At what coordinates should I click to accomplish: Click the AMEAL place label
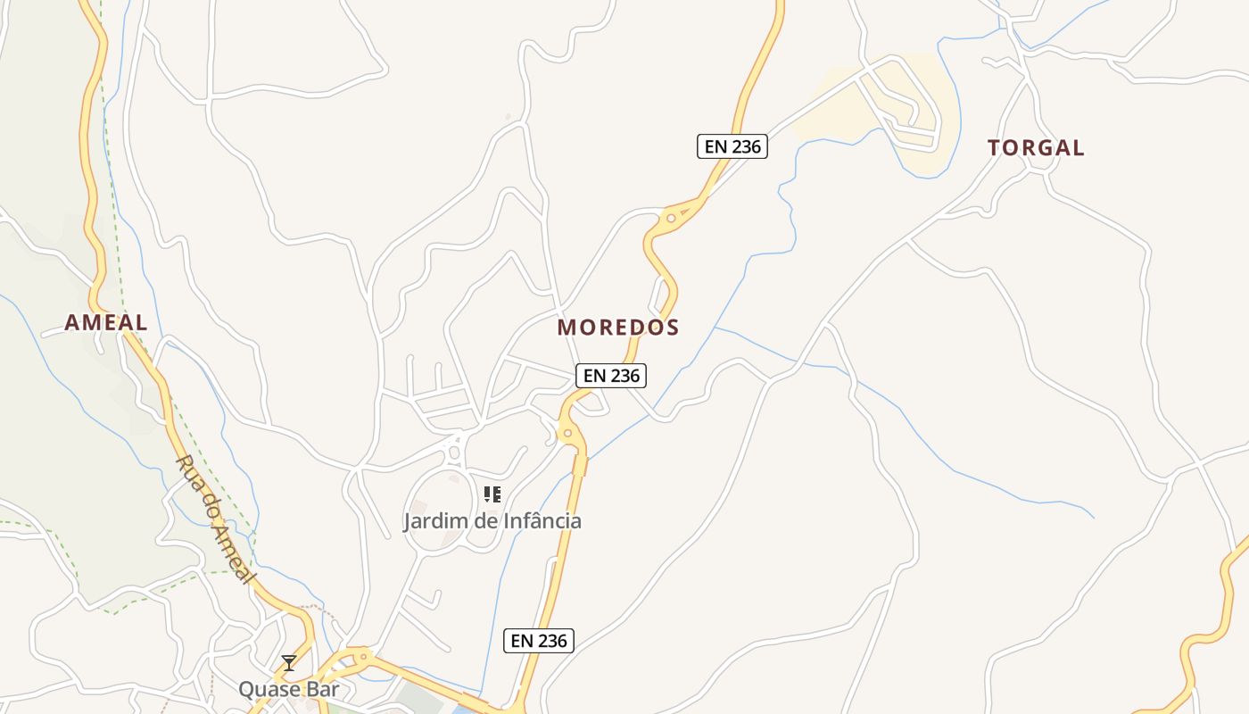[105, 322]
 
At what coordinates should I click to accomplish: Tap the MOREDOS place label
[618, 328]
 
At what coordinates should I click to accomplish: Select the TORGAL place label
[1036, 148]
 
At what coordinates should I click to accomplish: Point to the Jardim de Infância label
[492, 520]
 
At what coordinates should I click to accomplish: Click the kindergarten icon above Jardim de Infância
[492, 494]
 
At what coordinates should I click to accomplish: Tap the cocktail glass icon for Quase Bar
[289, 662]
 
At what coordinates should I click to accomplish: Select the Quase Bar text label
[288, 689]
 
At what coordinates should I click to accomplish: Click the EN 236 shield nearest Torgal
[732, 146]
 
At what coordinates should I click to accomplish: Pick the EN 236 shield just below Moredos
[610, 376]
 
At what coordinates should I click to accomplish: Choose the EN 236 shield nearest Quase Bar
[538, 640]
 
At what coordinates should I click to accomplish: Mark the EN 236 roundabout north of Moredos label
[671, 218]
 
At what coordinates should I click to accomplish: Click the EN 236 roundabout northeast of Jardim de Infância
[567, 434]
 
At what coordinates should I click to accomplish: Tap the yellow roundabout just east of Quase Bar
[362, 657]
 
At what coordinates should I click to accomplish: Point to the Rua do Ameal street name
[215, 518]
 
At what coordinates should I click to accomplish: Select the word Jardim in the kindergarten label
[434, 520]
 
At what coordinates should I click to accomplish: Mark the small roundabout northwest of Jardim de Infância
[454, 452]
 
